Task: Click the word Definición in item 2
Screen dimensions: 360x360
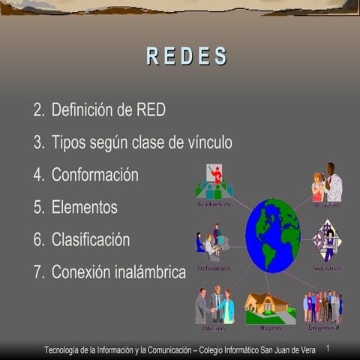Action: click(x=82, y=110)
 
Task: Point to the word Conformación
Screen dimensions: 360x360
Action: click(x=95, y=175)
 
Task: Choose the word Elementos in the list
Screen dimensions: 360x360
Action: click(x=85, y=207)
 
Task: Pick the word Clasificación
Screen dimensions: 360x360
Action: click(x=91, y=240)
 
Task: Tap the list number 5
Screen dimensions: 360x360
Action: click(x=38, y=208)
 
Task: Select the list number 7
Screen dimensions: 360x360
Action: click(x=38, y=272)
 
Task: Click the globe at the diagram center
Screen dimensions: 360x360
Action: click(x=272, y=235)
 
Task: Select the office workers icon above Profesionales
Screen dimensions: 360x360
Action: click(x=212, y=244)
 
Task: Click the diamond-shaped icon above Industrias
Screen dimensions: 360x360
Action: click(x=327, y=241)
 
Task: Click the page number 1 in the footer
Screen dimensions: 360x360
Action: click(x=328, y=349)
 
